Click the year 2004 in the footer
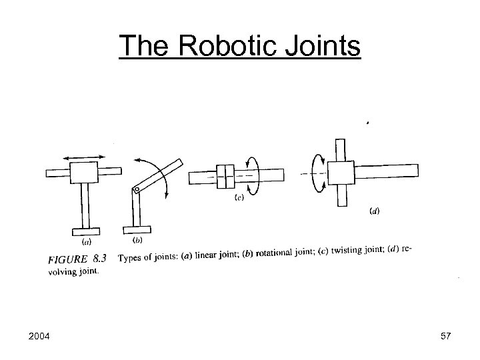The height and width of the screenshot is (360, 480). (44, 337)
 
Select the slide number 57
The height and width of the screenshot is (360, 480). (445, 337)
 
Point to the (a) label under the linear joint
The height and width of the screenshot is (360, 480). (86, 241)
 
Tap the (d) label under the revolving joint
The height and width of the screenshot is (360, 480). (375, 211)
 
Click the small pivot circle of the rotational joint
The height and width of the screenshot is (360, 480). (136, 190)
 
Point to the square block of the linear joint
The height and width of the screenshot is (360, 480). (84, 173)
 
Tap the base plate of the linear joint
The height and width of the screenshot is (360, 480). (86, 231)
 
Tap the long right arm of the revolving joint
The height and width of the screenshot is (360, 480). (387, 169)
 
